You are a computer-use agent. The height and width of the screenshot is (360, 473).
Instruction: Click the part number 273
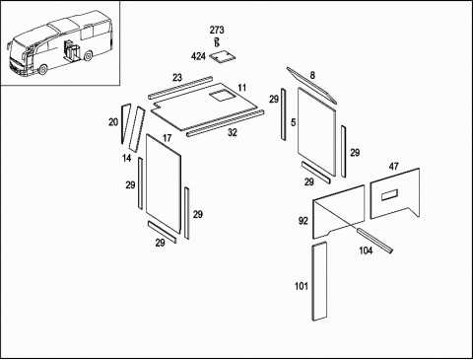[x=217, y=30]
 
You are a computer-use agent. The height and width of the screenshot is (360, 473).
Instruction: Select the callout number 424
[x=198, y=56]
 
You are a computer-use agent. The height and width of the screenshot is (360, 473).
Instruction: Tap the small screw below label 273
[x=217, y=42]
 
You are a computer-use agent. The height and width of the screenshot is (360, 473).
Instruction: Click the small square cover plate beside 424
[x=223, y=56]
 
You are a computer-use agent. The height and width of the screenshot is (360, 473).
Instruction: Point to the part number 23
[x=177, y=78]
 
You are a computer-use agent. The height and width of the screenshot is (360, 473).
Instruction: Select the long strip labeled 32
[x=226, y=123]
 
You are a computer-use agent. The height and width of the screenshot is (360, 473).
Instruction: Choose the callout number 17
[x=168, y=138]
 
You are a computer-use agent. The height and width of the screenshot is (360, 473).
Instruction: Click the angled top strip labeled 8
[x=311, y=85]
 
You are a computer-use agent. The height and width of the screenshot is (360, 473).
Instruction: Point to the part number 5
[x=294, y=122]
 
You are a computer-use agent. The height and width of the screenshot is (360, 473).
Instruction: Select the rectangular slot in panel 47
[x=389, y=195]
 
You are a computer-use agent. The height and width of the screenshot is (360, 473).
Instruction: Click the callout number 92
[x=304, y=221]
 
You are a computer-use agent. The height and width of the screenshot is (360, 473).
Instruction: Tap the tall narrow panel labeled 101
[x=319, y=281]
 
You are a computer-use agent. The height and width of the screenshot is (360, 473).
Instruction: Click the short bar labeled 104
[x=374, y=241]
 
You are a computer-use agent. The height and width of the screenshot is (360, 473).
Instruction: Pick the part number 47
[x=394, y=167]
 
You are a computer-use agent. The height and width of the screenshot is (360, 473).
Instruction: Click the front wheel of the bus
[x=42, y=69]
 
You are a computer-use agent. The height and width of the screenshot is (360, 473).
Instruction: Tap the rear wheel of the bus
[x=88, y=55]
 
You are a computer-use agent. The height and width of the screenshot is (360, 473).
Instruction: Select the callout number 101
[x=302, y=286]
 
